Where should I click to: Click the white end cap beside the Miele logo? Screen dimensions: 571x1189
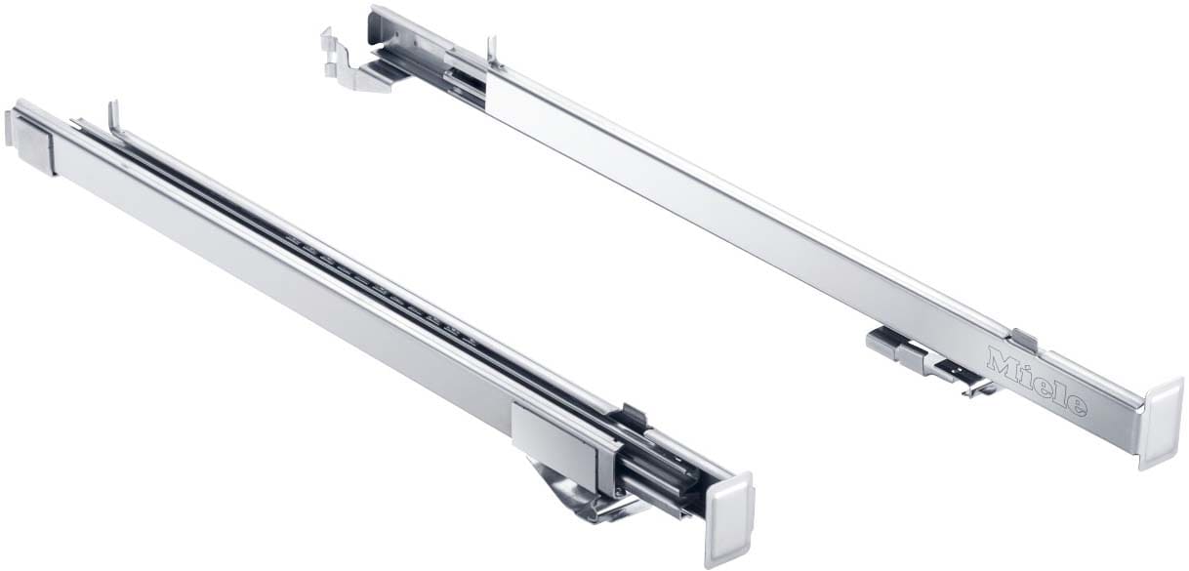(1162, 423)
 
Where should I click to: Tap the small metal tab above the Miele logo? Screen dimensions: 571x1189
(1023, 339)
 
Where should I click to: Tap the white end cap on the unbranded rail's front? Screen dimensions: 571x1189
(728, 518)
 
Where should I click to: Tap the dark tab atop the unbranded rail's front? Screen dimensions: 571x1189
(634, 416)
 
